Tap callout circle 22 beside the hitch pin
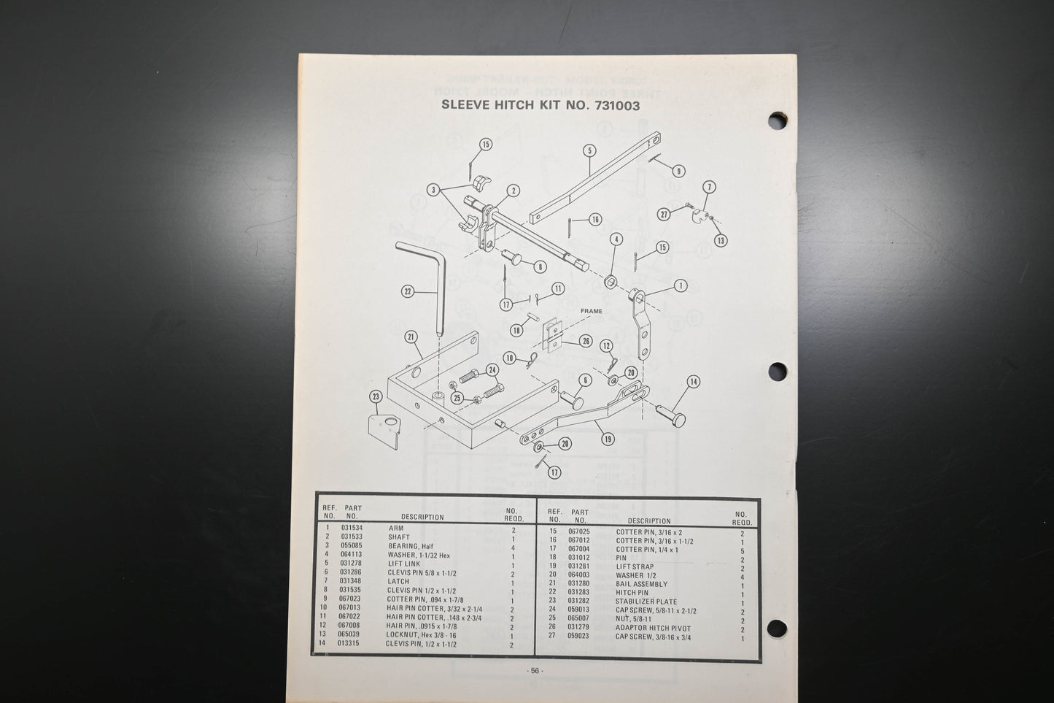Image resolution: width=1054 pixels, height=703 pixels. coord(408,291)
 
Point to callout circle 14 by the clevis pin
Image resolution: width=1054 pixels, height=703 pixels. coord(692,381)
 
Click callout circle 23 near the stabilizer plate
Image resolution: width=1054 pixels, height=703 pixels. coord(376,397)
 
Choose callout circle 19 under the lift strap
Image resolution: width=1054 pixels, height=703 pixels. coord(608,439)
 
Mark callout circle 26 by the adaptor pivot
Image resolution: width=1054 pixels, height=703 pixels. coord(586,341)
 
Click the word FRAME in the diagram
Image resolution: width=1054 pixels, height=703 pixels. coord(591,311)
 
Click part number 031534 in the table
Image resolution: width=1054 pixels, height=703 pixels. coord(352,528)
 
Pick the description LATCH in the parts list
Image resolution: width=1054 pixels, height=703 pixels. coord(398,581)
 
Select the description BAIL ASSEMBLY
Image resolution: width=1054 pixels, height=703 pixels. coord(641,584)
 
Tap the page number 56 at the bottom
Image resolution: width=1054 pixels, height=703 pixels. coord(535,670)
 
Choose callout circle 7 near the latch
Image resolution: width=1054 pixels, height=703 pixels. coord(710,188)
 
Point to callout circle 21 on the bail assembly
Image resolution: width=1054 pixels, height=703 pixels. coord(411,337)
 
